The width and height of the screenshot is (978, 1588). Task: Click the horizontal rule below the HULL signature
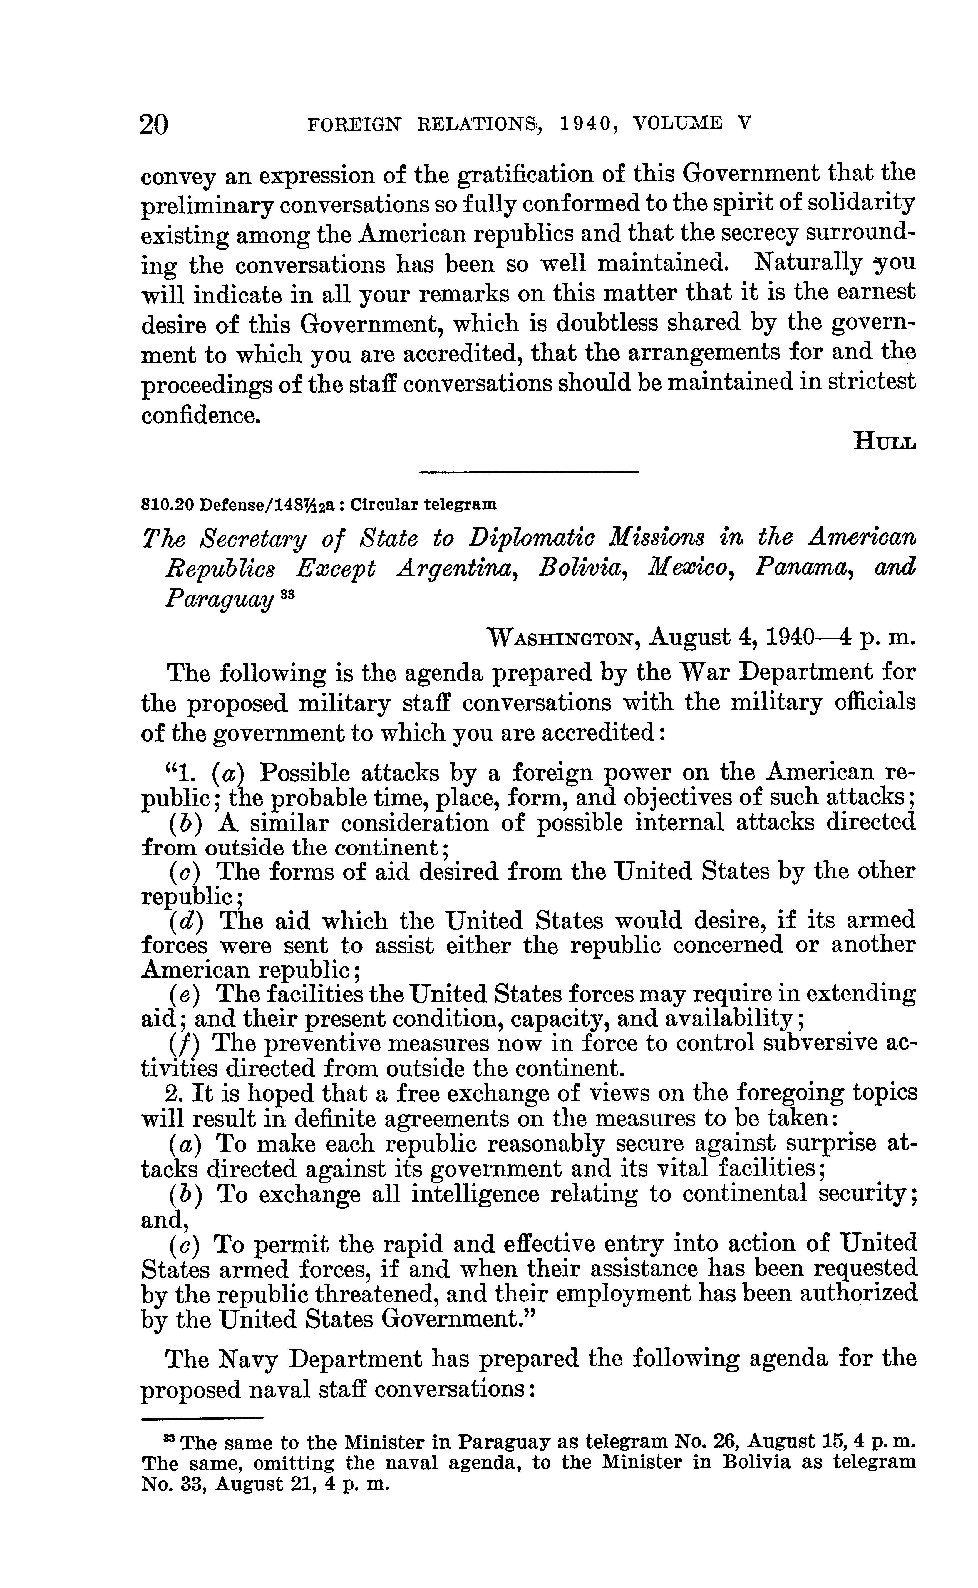click(528, 472)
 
